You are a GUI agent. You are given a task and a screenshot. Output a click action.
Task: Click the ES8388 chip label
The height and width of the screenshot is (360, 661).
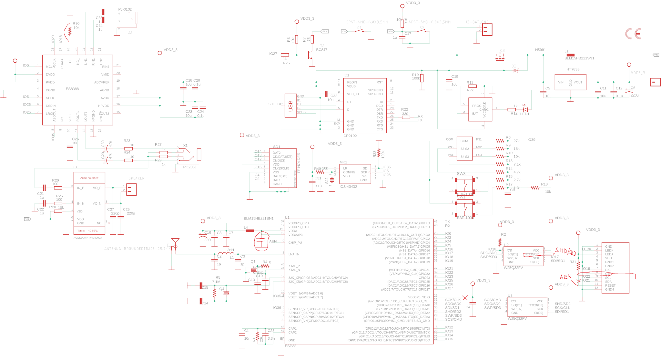click(x=72, y=89)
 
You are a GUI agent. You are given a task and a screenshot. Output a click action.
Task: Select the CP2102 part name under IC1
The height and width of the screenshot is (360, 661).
click(x=350, y=136)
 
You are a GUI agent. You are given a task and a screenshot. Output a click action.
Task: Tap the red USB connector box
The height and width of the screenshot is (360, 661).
click(x=290, y=106)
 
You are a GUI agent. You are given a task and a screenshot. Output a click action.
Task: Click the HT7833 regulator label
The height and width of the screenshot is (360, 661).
click(x=573, y=69)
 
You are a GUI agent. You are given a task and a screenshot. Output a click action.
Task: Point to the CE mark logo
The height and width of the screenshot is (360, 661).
click(x=633, y=34)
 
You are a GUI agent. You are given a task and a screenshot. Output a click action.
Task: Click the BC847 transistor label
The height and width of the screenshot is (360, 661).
click(x=321, y=50)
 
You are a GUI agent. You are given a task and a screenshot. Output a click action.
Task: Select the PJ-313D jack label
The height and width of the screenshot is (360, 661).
click(x=125, y=9)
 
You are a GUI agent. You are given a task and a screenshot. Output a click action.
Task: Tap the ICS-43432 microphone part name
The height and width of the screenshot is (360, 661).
click(x=348, y=187)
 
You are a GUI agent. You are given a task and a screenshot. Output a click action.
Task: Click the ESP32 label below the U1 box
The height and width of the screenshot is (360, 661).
click(x=290, y=346)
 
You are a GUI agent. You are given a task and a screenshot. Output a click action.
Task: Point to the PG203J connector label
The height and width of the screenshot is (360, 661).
click(x=189, y=167)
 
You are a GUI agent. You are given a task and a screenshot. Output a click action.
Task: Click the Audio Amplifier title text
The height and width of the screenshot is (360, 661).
click(x=89, y=178)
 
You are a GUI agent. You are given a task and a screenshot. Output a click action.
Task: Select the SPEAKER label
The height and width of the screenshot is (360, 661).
click(x=137, y=178)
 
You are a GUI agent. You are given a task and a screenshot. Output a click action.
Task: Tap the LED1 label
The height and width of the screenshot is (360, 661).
click(x=524, y=114)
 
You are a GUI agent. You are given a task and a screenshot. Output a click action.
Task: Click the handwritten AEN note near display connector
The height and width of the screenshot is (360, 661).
click(x=565, y=277)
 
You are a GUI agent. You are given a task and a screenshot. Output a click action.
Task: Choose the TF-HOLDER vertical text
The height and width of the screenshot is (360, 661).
click(x=299, y=163)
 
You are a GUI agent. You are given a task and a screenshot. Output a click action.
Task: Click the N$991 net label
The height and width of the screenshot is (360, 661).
click(x=540, y=50)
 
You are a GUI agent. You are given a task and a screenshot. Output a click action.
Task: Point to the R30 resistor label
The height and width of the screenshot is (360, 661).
click(x=76, y=24)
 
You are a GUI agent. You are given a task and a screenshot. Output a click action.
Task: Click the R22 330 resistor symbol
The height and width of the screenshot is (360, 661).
click(x=406, y=118)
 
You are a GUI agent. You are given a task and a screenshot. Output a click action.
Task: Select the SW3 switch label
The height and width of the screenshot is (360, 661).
click(x=461, y=174)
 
